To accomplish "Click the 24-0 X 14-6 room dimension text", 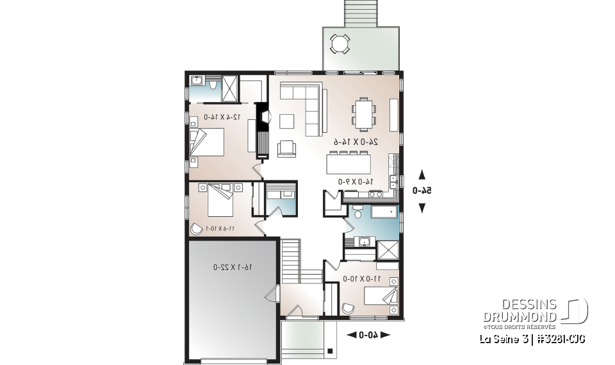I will pos(355,140).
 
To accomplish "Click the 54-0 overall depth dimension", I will pos(422,191).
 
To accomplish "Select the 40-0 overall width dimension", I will pos(368,334).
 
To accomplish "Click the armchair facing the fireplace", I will pos(286,149).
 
